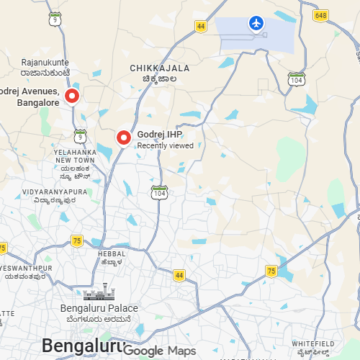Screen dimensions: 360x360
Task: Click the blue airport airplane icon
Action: [x=256, y=24]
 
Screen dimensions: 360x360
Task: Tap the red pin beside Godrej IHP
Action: [x=124, y=137]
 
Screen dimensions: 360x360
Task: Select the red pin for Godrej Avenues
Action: [x=72, y=96]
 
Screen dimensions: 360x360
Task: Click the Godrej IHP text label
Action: [x=160, y=134]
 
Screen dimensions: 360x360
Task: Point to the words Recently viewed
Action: [x=166, y=145]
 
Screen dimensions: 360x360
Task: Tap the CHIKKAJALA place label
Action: [x=160, y=68]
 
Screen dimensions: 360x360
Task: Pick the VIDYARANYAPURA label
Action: [x=55, y=192]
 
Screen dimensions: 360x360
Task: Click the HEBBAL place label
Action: [x=112, y=253]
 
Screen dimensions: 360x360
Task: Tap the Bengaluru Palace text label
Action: [x=99, y=308]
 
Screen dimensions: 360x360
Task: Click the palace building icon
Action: [x=99, y=292]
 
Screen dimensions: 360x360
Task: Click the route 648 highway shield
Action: [x=320, y=15]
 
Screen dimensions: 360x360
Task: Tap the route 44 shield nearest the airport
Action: [x=200, y=26]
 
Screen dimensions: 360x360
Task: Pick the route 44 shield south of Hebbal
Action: [x=179, y=275]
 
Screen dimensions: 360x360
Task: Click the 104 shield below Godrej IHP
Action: [x=160, y=192]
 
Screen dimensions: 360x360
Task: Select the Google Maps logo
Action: [x=165, y=351]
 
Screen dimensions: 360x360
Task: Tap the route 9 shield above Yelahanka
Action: [x=80, y=135]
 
